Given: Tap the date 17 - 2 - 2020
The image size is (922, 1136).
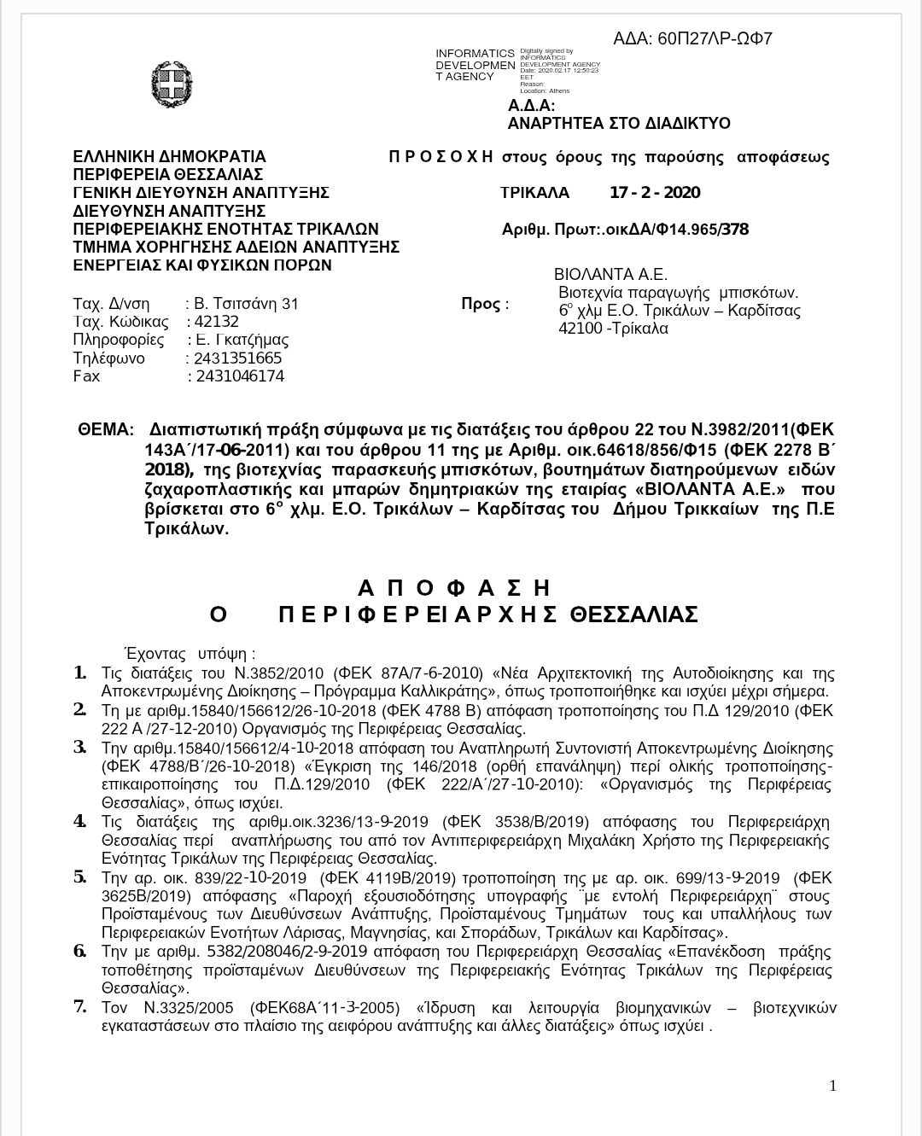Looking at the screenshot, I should point(655,193).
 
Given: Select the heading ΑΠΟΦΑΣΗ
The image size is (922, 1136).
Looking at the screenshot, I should point(455,588).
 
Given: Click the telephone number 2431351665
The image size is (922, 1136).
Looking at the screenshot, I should point(238,358).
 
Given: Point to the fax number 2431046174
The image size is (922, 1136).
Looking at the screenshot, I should point(240,376).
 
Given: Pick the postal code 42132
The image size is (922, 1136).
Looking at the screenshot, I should point(217,322).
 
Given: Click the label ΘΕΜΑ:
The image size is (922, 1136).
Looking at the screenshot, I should point(106,429).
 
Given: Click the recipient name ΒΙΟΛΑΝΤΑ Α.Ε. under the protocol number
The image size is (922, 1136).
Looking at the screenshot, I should point(610,275).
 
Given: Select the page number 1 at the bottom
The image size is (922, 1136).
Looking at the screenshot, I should point(832,1086).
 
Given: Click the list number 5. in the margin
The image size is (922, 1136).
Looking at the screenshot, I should point(80,877).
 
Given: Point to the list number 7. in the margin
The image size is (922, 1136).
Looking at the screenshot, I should point(80,1006).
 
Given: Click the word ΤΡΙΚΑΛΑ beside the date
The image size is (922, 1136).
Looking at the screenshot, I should point(534,193).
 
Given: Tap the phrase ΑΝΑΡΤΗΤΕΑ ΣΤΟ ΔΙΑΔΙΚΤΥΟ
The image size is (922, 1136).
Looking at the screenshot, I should point(619,124).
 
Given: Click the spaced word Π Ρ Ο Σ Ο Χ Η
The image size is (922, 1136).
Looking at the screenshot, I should point(441,157).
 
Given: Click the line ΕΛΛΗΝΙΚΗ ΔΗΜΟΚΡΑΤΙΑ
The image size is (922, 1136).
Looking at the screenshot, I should point(170,157).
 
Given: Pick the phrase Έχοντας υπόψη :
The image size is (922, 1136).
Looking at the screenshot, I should point(190,655).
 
